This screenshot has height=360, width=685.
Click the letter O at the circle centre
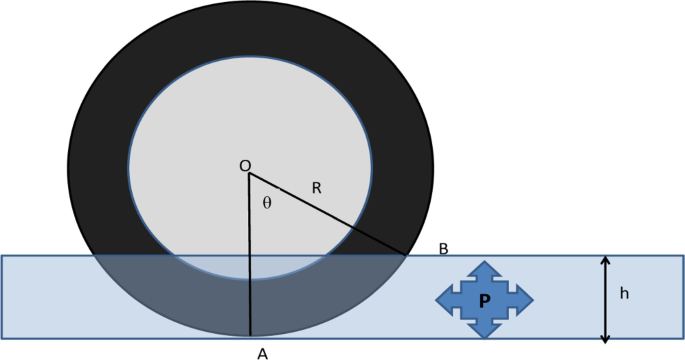pos(244,165)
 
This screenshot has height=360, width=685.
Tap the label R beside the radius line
pos(316,187)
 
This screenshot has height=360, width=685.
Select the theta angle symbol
pos(266,203)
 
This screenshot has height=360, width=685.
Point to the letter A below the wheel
pos(262,353)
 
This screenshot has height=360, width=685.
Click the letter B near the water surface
pos(443,248)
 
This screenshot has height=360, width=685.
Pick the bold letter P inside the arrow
pos(485,300)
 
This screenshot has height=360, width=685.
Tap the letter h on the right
pos(624,294)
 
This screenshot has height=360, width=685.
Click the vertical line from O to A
pos(249,260)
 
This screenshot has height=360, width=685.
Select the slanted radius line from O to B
pos(330,215)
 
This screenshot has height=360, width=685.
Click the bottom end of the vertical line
pos(250,334)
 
